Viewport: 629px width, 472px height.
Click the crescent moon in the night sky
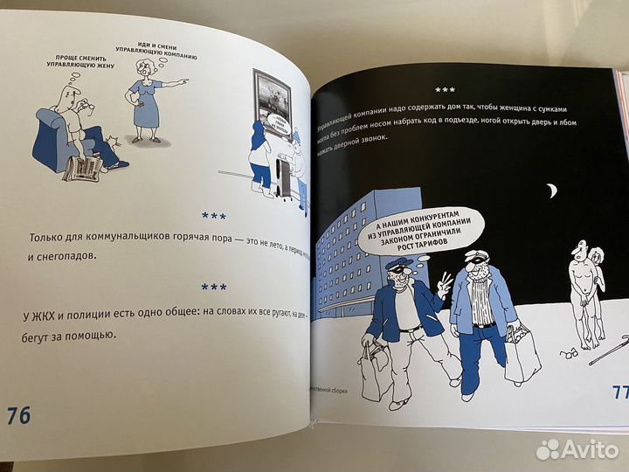click(x=552, y=190)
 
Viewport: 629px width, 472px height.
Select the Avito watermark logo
click(x=577, y=448)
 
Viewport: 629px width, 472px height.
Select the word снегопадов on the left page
click(x=70, y=258)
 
